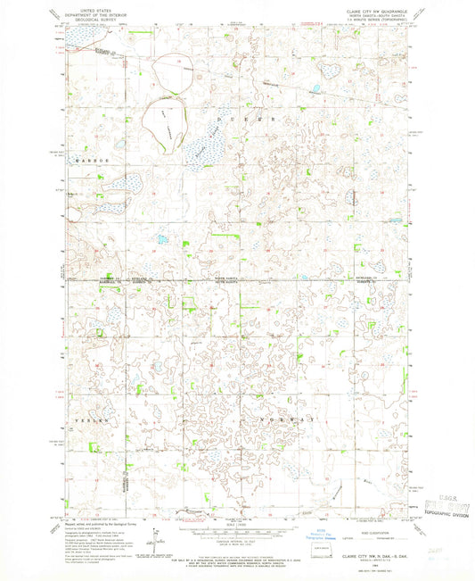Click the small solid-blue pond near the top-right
tap(315, 88)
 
